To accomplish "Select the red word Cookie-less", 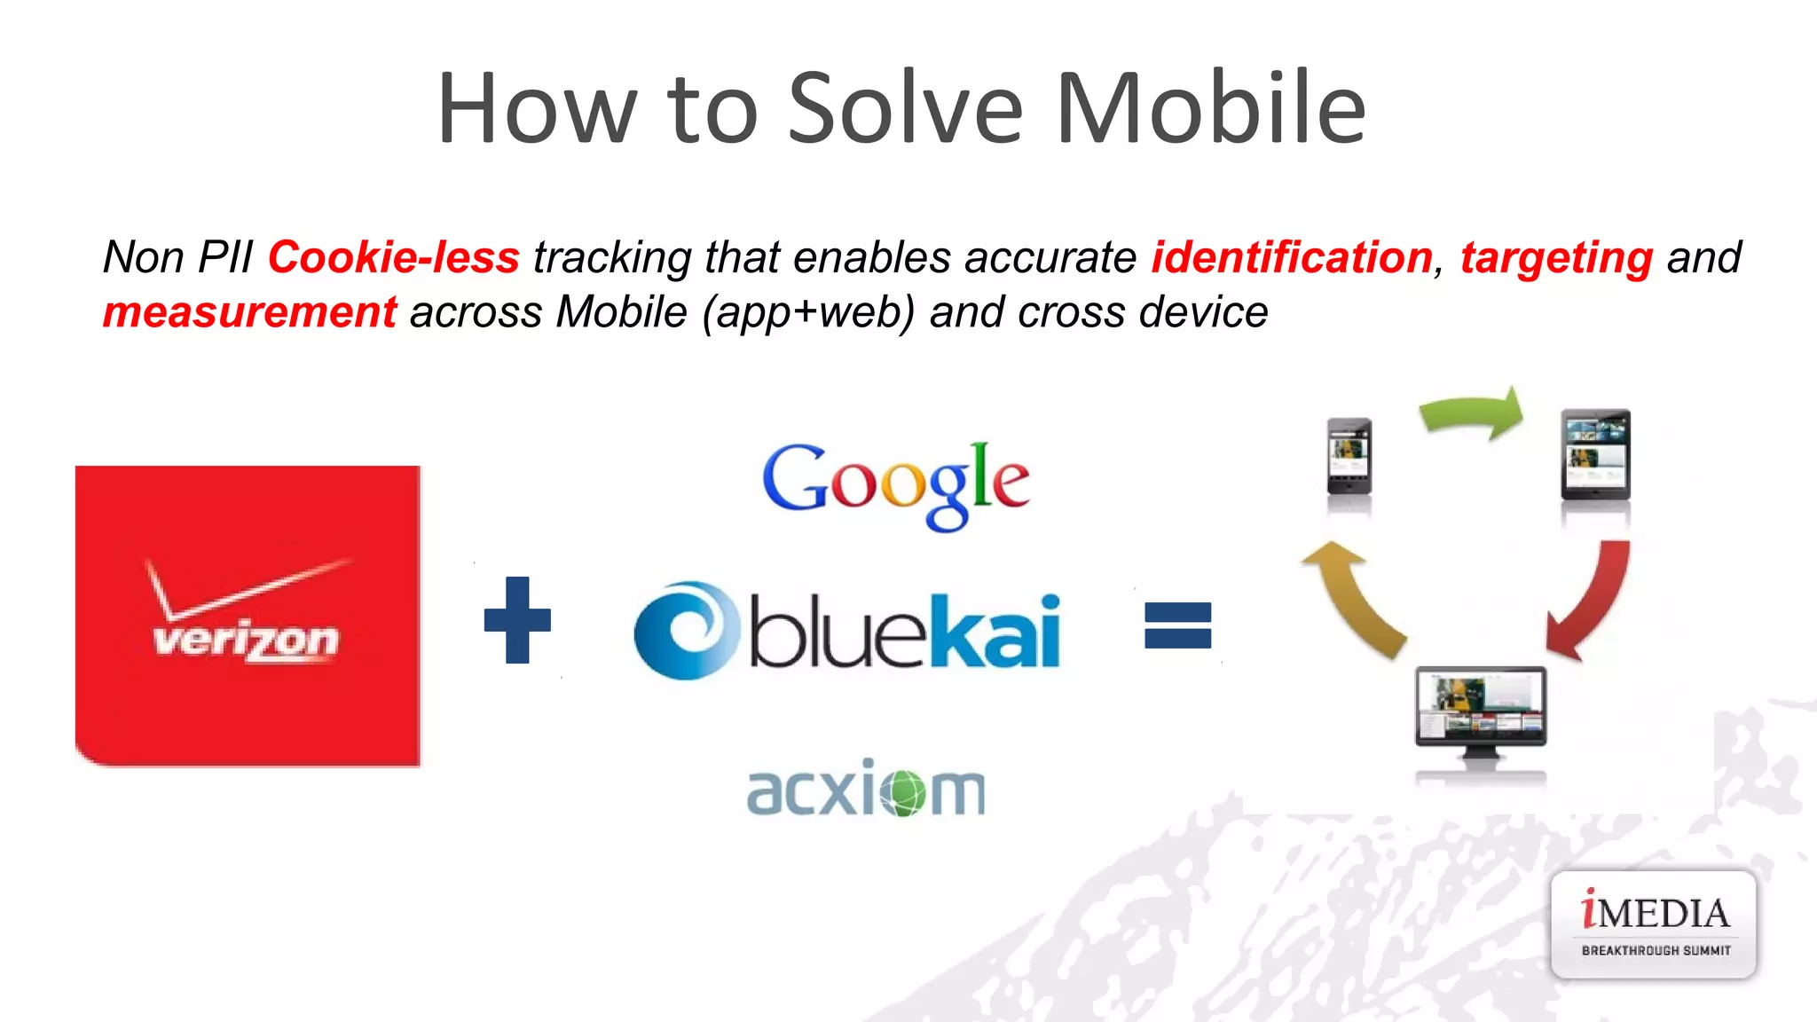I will [393, 257].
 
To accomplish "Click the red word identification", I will [1292, 257].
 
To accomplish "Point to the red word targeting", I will [1556, 258].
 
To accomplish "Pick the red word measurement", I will [249, 312].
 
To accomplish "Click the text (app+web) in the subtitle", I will [808, 313].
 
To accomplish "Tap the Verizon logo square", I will [248, 616].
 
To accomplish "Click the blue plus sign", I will [517, 620].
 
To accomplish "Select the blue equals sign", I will [1177, 625].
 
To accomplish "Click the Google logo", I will [896, 483].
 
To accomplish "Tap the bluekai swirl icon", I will [686, 630].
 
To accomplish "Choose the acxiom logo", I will [866, 790].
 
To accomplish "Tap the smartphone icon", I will [1349, 457].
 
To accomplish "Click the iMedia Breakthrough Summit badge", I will [1654, 924].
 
